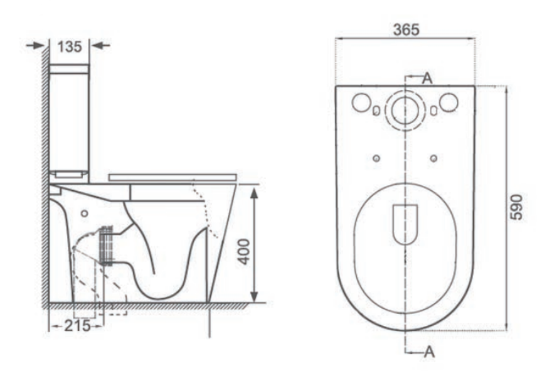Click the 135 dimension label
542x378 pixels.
tap(70, 46)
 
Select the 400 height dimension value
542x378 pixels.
tap(245, 251)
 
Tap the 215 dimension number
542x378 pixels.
tap(77, 325)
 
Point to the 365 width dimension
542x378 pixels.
tap(406, 30)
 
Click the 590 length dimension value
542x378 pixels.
tap(517, 207)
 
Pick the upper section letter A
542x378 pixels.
tap(428, 79)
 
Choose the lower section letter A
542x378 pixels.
tap(429, 352)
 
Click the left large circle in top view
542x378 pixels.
tap(361, 103)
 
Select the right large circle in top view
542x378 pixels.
tap(449, 103)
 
